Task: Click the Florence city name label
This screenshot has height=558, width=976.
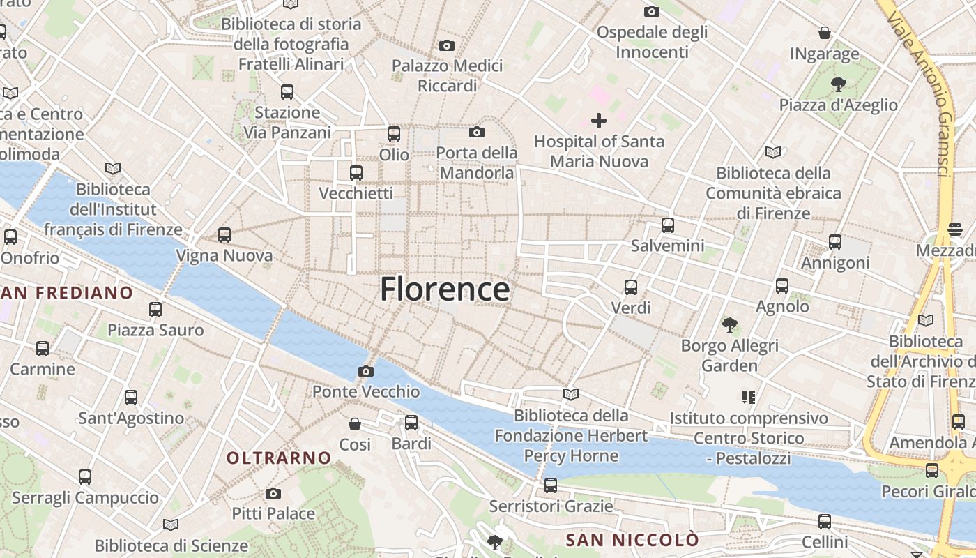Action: pyautogui.click(x=445, y=289)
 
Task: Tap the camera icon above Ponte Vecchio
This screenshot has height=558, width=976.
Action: pyautogui.click(x=365, y=371)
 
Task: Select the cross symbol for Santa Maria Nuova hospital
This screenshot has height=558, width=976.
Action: pyautogui.click(x=598, y=121)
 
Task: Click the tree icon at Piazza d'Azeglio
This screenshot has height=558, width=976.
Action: pyautogui.click(x=838, y=84)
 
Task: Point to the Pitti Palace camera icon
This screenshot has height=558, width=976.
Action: pyautogui.click(x=273, y=493)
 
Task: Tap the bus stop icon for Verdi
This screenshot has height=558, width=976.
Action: pyautogui.click(x=630, y=287)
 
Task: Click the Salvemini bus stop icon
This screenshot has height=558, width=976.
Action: pyautogui.click(x=667, y=225)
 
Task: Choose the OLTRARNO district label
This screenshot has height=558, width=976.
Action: pyautogui.click(x=279, y=458)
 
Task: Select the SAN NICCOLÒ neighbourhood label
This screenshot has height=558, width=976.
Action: pyautogui.click(x=632, y=540)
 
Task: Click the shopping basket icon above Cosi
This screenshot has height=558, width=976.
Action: pyautogui.click(x=355, y=423)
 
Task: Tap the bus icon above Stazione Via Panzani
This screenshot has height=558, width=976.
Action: pyautogui.click(x=287, y=91)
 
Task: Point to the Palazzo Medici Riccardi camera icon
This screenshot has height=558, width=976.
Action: pyautogui.click(x=447, y=46)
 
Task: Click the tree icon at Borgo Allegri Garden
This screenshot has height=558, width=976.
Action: pyautogui.click(x=729, y=324)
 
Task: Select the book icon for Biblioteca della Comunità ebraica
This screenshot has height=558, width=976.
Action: pyautogui.click(x=773, y=152)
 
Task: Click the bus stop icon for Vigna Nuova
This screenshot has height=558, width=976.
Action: pyautogui.click(x=224, y=235)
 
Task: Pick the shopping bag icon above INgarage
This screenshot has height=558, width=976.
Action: pyautogui.click(x=825, y=33)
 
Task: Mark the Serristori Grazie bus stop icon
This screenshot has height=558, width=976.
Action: pyautogui.click(x=551, y=485)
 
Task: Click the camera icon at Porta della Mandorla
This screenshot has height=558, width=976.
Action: pyautogui.click(x=477, y=132)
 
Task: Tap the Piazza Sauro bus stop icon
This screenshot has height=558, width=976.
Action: pyautogui.click(x=155, y=309)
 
